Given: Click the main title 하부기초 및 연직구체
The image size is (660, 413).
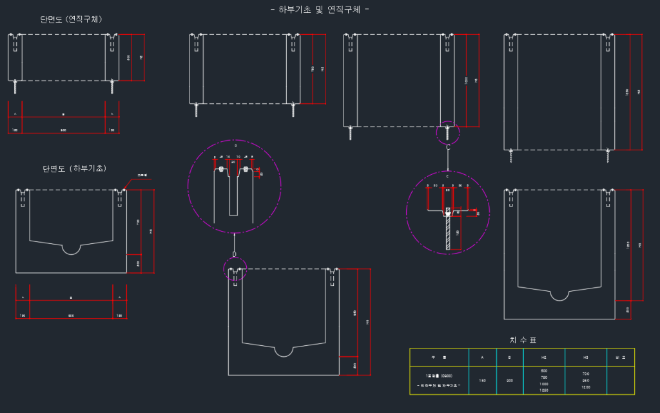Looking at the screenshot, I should coord(320,10).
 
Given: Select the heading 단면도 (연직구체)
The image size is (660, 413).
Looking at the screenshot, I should coord(71,20).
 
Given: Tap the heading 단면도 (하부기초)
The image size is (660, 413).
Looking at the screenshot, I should coord(75,169).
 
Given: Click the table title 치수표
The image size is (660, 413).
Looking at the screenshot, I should coord(523,340).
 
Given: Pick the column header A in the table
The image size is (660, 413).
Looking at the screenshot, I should coord(483,357).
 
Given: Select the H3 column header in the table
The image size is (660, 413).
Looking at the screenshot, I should coord(585,357).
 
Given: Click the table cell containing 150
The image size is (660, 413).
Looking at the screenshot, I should coord(483,381).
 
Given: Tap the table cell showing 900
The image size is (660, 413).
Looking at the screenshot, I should coord(510,381).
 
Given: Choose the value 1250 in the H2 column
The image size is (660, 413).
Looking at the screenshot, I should coord(544,390).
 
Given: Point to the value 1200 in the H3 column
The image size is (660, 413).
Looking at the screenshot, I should coord(585,387).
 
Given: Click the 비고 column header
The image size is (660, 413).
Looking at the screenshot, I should coord(621,357).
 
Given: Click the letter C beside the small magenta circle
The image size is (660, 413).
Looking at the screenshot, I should coord(448,147).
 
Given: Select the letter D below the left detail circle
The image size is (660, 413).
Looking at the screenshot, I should coord(235,254).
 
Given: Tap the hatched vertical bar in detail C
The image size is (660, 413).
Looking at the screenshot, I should coord(448,232).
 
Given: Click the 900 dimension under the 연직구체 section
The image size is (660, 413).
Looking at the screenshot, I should coord(63,130).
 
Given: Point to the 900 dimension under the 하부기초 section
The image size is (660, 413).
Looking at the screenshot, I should coord(71,316).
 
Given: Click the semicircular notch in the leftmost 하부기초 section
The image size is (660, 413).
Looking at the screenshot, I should coord(71,248).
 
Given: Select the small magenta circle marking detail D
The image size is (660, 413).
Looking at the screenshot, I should coord(235,270).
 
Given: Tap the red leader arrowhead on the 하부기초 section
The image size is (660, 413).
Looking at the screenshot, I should coord(124,188).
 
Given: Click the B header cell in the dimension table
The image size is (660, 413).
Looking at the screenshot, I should coord(510,357).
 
